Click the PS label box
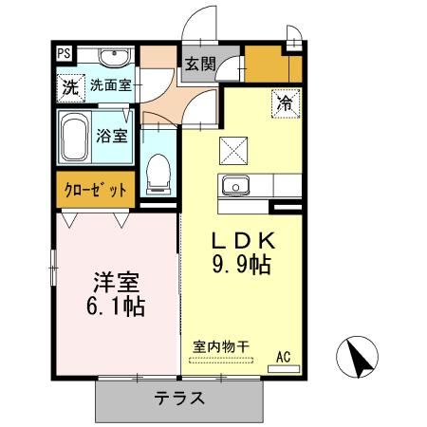pyautogui.click(x=63, y=53)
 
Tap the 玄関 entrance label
pyautogui.click(x=199, y=65)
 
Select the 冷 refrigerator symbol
pyautogui.click(x=284, y=101)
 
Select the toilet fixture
pyautogui.click(x=158, y=171)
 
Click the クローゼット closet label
pyautogui.click(x=95, y=190)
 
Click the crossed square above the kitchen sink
pyautogui.click(x=232, y=149)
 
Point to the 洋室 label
pyautogui.click(x=116, y=282)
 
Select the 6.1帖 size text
pyautogui.click(x=116, y=307)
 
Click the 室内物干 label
pyautogui.click(x=220, y=347)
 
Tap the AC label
pyautogui.click(x=283, y=357)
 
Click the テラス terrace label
pyautogui.click(x=179, y=398)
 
